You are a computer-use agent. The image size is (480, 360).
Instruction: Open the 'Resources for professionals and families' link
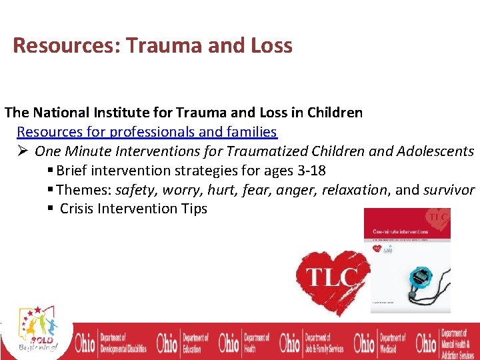(x=147, y=132)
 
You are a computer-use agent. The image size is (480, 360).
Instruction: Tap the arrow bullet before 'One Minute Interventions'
(x=23, y=151)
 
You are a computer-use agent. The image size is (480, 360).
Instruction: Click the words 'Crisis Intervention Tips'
(x=133, y=209)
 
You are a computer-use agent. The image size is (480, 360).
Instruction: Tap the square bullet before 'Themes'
(x=59, y=190)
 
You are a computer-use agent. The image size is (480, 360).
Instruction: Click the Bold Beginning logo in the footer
(x=37, y=331)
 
